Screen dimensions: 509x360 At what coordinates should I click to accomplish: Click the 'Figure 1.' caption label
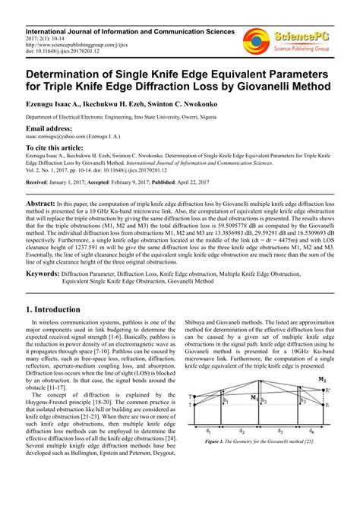click(x=227, y=462)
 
